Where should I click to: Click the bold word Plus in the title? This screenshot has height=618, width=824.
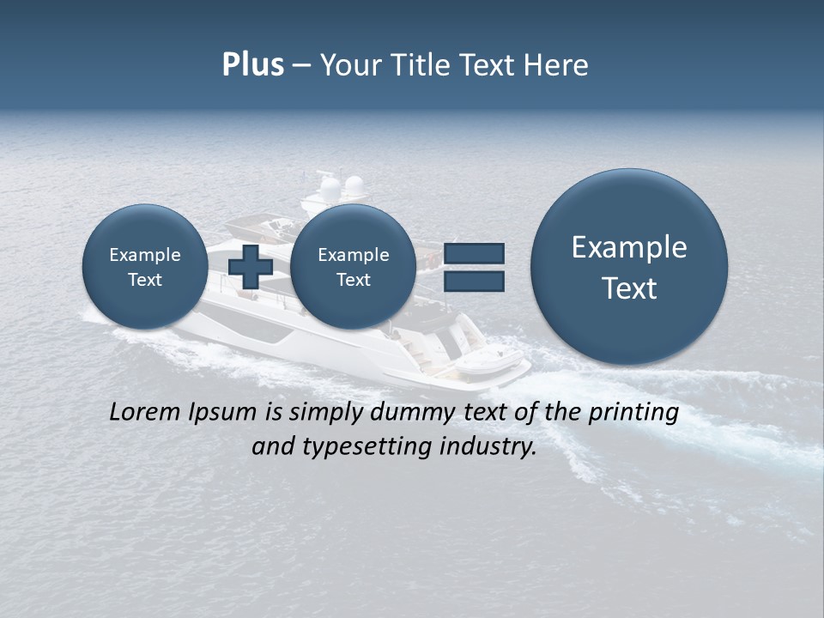[x=252, y=65]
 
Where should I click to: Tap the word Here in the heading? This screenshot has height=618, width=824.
[x=558, y=65]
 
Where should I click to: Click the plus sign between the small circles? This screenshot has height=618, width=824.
[x=251, y=266]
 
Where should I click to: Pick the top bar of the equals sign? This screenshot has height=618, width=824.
[x=474, y=253]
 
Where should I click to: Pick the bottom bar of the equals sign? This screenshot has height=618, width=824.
[x=474, y=281]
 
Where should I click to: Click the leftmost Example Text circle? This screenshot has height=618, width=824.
[x=145, y=266]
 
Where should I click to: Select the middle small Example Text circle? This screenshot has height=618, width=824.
[x=353, y=266]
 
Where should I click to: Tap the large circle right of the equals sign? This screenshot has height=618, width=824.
[x=629, y=266]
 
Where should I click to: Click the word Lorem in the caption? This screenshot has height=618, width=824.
[x=146, y=412]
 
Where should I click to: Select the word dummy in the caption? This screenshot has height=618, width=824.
[x=413, y=413]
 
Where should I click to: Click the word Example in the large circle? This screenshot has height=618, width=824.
[x=629, y=247]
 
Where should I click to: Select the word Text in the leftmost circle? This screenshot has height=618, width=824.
[x=145, y=280]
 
